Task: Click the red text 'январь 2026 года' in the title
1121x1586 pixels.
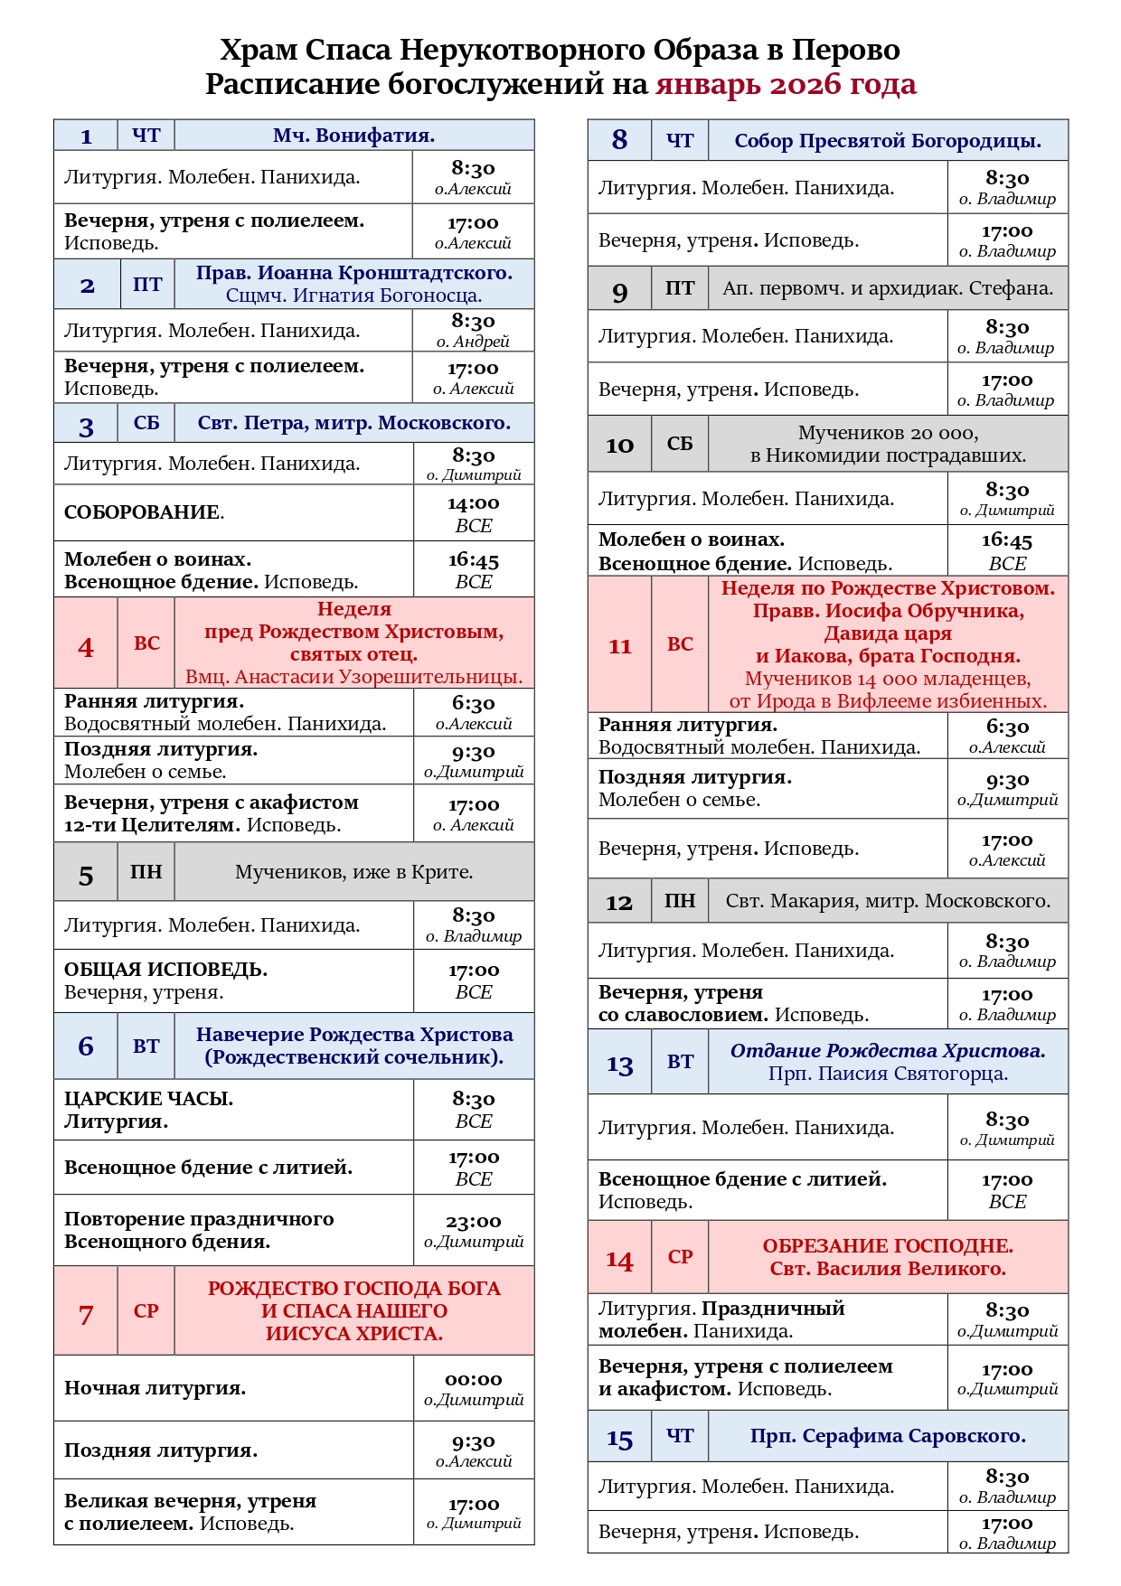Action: point(786,84)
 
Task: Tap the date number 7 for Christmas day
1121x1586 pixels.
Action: point(86,1314)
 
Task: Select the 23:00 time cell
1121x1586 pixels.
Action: point(473,1222)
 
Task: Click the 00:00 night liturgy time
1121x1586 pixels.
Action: point(473,1380)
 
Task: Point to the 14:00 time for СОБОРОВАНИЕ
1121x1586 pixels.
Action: point(473,503)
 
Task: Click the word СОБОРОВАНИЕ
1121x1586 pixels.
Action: point(142,512)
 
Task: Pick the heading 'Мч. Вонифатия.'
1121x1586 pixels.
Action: point(353,136)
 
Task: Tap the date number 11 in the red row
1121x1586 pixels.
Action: point(619,646)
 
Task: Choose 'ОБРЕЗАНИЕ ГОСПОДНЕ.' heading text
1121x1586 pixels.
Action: point(887,1245)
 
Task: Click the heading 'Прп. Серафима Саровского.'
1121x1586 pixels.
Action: point(887,1436)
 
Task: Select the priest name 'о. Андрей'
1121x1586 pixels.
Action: point(473,342)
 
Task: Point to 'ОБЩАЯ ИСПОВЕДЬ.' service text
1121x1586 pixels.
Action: point(165,970)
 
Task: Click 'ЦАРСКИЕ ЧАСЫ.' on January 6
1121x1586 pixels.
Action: point(148,1099)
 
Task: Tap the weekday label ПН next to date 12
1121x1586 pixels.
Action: point(679,901)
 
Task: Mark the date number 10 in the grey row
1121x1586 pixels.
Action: point(619,445)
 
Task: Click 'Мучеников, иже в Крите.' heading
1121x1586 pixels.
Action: point(353,872)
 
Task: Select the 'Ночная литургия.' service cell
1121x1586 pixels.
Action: point(155,1388)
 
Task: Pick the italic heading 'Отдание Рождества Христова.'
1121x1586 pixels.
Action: point(887,1051)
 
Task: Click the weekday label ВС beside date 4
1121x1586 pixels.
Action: point(146,643)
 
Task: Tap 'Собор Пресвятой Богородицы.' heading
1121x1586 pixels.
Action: point(887,141)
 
